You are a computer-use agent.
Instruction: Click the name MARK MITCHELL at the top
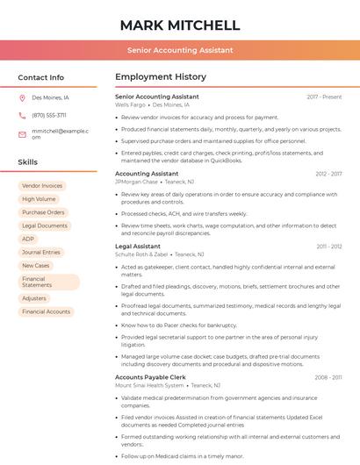pyautogui.click(x=179, y=25)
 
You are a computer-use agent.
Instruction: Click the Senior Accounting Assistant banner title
pyautogui.click(x=179, y=50)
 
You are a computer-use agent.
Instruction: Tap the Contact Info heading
pyautogui.click(x=40, y=77)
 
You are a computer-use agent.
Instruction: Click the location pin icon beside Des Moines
pyautogui.click(x=22, y=97)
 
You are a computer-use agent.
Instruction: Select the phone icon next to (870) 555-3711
pyautogui.click(x=22, y=115)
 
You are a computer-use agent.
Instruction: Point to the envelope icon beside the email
pyautogui.click(x=22, y=133)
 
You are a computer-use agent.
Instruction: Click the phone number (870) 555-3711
pyautogui.click(x=49, y=115)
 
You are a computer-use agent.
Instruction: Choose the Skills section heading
pyautogui.click(x=28, y=162)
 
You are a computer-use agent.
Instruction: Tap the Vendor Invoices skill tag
pyautogui.click(x=42, y=186)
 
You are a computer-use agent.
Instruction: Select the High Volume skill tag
pyautogui.click(x=39, y=199)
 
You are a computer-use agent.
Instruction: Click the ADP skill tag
pyautogui.click(x=28, y=239)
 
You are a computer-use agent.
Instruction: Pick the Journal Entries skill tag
pyautogui.click(x=41, y=252)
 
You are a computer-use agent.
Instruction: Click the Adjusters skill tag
pyautogui.click(x=34, y=298)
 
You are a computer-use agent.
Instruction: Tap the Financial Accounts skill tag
pyautogui.click(x=46, y=311)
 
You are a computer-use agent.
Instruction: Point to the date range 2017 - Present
pyautogui.click(x=324, y=97)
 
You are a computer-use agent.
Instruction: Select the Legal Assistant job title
pyautogui.click(x=139, y=247)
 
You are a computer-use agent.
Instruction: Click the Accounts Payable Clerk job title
pyautogui.click(x=151, y=376)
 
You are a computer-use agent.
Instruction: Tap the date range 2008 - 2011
pyautogui.click(x=328, y=376)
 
